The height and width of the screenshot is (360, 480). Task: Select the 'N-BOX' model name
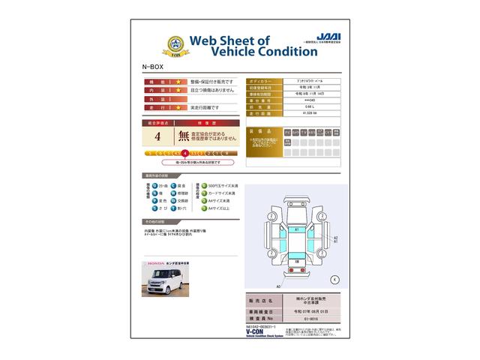(x=151, y=66)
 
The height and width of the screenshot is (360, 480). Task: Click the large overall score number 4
(x=157, y=136)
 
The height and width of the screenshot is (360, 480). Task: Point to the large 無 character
(x=183, y=136)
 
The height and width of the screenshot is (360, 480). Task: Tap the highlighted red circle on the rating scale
(x=184, y=152)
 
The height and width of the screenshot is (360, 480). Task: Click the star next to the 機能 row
(x=178, y=80)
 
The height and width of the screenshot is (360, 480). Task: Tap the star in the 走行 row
(x=178, y=107)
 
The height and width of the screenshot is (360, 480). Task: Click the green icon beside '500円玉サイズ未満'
(x=200, y=184)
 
